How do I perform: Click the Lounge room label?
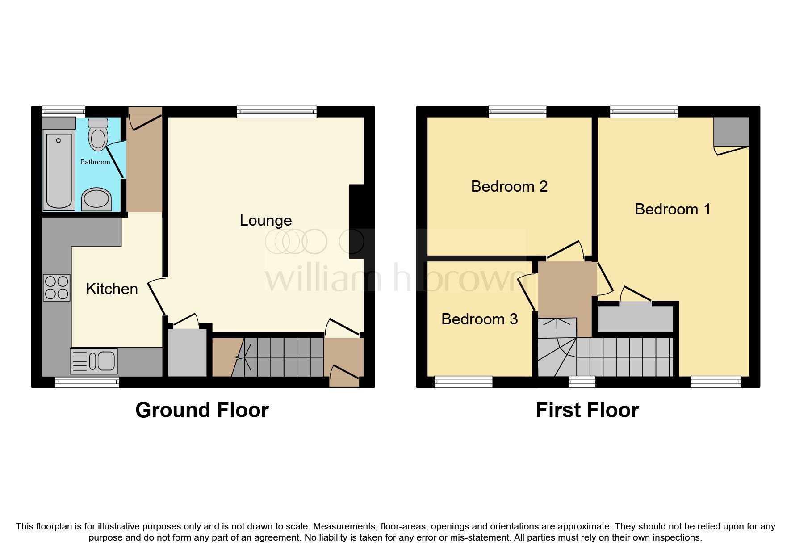(265, 220)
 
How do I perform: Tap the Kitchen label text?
(112, 289)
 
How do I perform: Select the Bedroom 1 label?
(672, 209)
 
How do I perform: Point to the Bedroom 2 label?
(509, 186)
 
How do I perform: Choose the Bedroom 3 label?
(479, 319)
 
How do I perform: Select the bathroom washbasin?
(96, 199)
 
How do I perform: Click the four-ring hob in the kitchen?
(57, 287)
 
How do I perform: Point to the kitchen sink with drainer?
(94, 361)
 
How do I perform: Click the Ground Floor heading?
(202, 410)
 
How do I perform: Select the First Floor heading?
(587, 410)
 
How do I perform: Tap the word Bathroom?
(95, 162)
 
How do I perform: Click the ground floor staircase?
(281, 357)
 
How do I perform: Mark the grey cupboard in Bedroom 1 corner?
(731, 131)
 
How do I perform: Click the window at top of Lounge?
(276, 112)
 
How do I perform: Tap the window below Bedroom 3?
(463, 381)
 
